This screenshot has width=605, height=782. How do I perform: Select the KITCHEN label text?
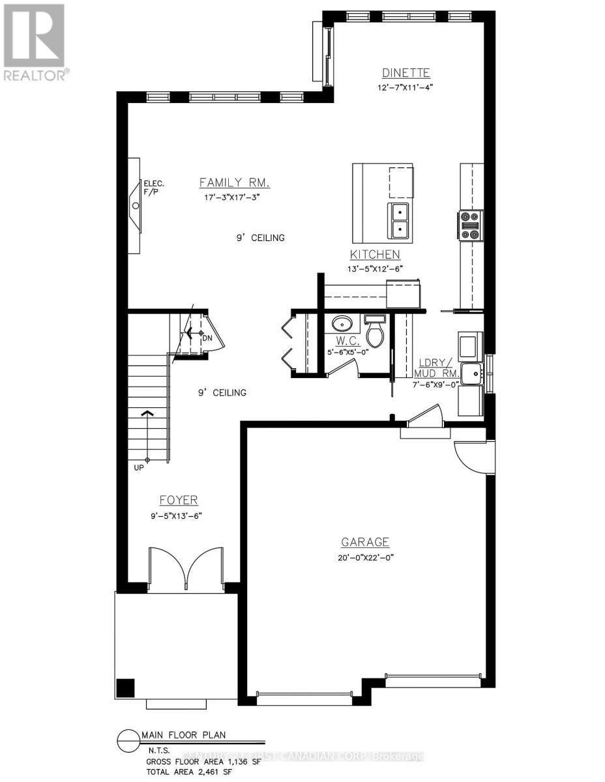pyautogui.click(x=375, y=255)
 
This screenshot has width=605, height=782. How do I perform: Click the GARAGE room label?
pyautogui.click(x=366, y=542)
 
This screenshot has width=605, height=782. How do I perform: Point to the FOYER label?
pyautogui.click(x=179, y=500)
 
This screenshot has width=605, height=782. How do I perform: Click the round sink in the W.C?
pyautogui.click(x=342, y=323)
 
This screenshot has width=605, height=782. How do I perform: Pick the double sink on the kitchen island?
pyautogui.click(x=398, y=220)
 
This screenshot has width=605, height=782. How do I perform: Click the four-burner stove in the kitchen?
pyautogui.click(x=471, y=225)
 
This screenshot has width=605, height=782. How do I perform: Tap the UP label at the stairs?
pyautogui.click(x=138, y=467)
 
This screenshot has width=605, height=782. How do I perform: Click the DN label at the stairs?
pyautogui.click(x=207, y=338)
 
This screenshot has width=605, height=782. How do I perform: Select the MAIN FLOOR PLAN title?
pyautogui.click(x=183, y=735)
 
